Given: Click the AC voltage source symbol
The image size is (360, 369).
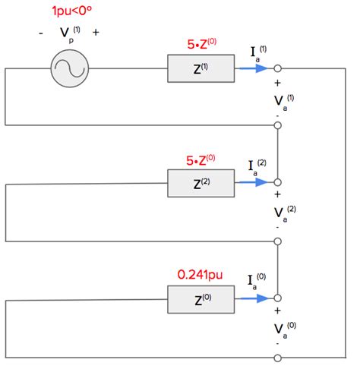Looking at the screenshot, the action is (x=70, y=68).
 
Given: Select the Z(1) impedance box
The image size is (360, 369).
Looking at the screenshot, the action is (x=201, y=68).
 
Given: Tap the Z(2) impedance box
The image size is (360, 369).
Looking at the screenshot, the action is (x=201, y=183).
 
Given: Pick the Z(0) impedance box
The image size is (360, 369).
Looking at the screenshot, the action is (x=201, y=299).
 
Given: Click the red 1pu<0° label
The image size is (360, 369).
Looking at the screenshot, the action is (x=71, y=11).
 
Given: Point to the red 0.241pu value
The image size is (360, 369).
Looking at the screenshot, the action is (x=200, y=275).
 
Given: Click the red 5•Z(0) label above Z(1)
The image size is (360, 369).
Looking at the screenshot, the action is (x=202, y=44).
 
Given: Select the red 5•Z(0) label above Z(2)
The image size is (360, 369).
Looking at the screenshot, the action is (x=201, y=160).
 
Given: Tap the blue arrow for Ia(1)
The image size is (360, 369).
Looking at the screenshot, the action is (x=254, y=68).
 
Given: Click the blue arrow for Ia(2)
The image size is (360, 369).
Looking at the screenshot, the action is (x=254, y=182).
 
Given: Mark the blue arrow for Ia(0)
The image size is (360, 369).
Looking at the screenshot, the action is (x=254, y=298).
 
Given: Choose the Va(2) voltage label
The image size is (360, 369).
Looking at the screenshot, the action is (x=285, y=214).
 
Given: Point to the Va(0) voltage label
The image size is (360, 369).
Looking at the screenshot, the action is (x=285, y=330).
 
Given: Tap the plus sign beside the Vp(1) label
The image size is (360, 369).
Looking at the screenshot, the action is (x=96, y=33).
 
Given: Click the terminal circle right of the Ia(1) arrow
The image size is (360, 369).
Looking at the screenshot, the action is (x=278, y=68).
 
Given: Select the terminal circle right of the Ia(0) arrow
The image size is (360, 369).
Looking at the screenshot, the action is (x=278, y=298).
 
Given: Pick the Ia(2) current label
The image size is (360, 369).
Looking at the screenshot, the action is (x=257, y=168).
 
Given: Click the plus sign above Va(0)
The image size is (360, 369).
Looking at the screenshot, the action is (x=277, y=311).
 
